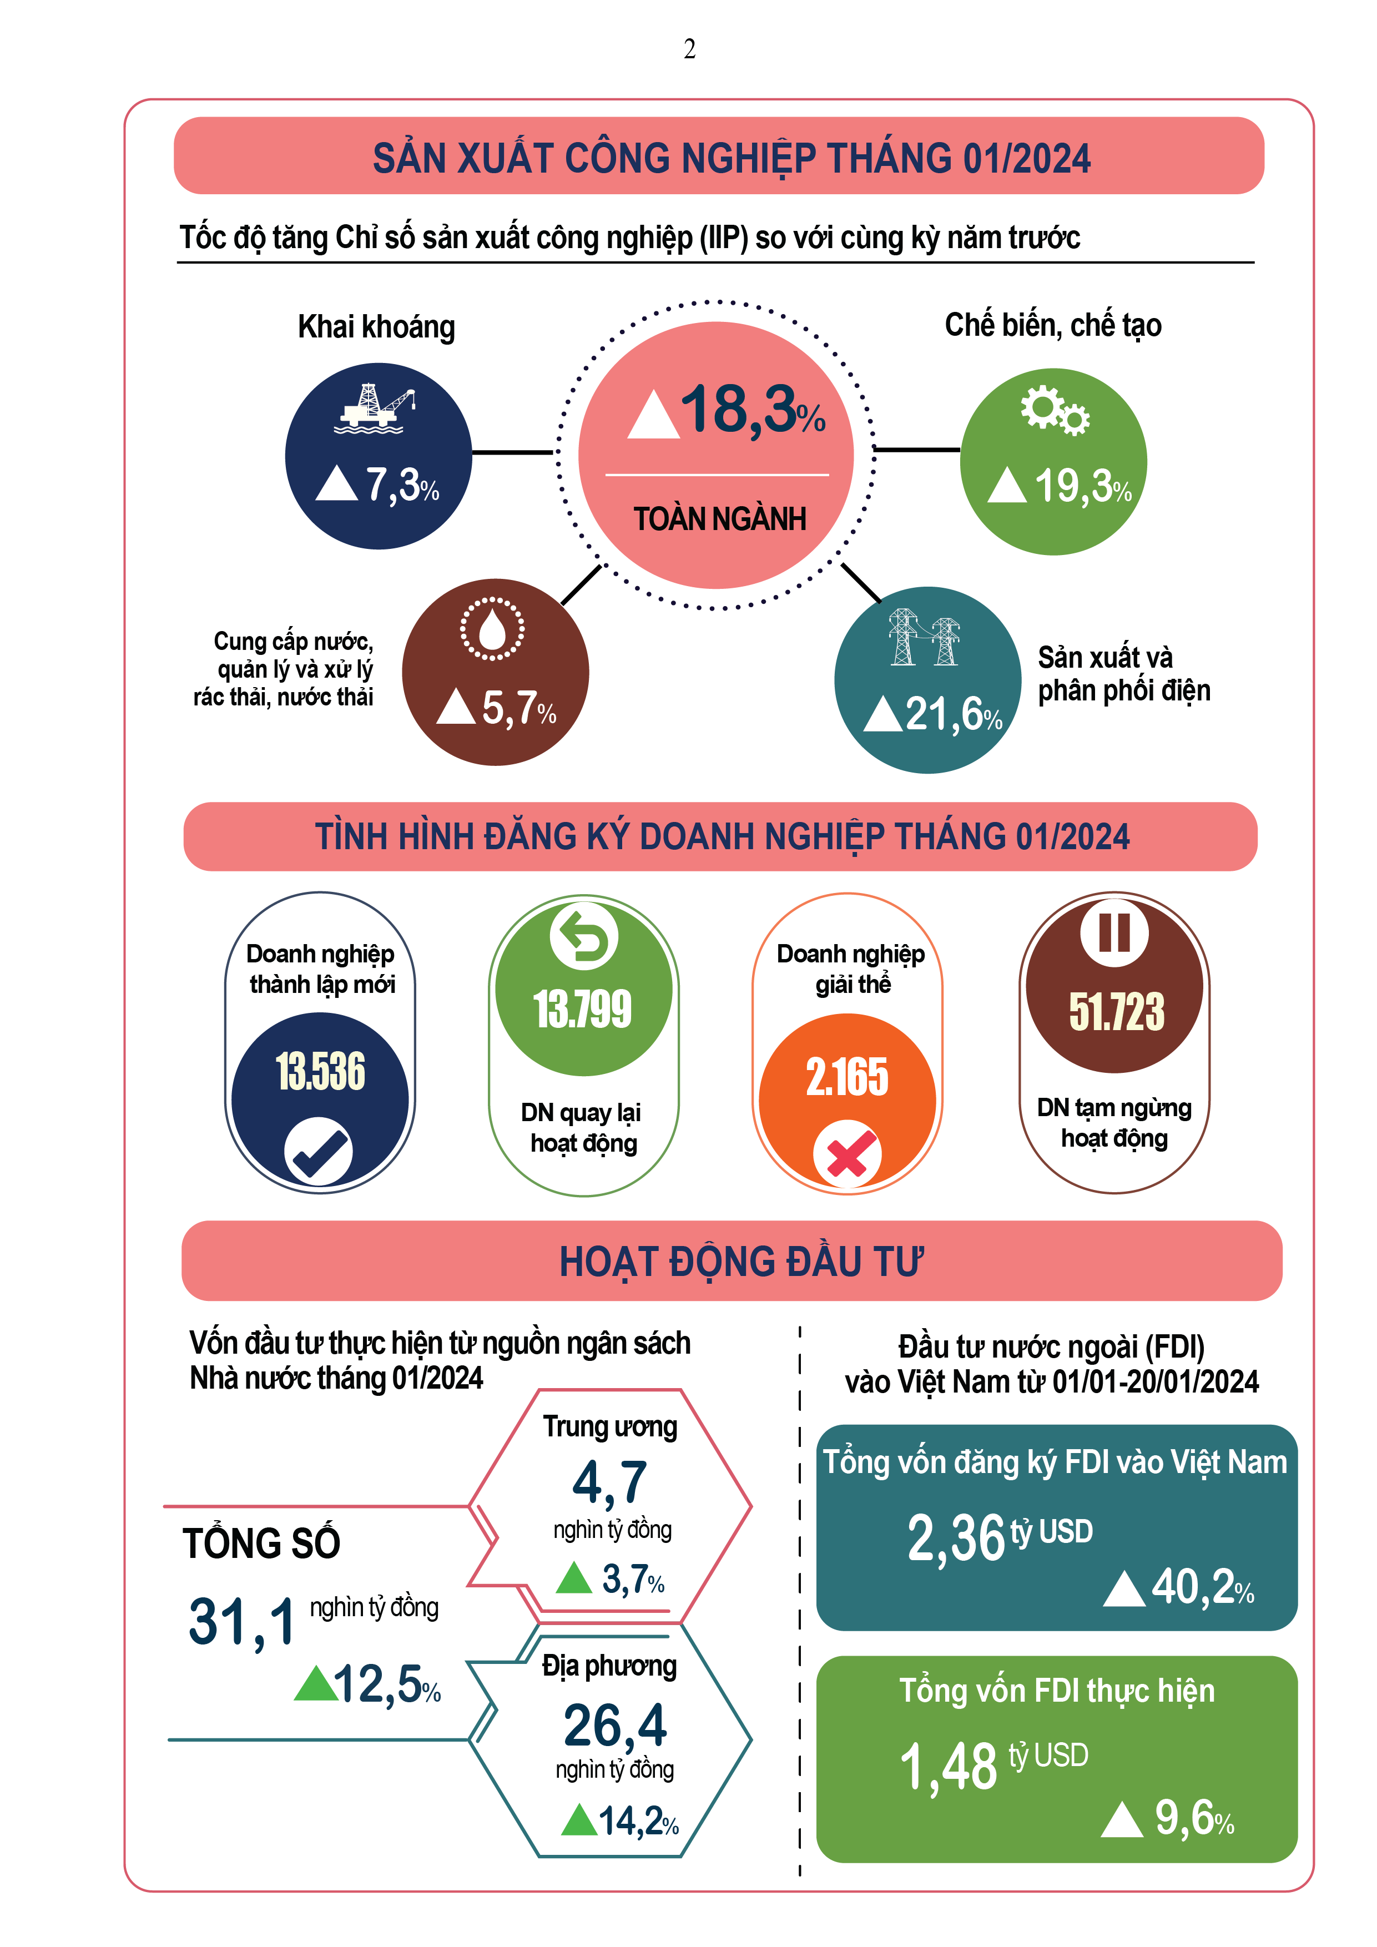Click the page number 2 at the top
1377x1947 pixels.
point(689,49)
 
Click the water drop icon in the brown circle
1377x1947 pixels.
point(492,628)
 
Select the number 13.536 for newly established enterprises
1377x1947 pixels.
point(320,1071)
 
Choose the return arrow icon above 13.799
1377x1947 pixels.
point(583,936)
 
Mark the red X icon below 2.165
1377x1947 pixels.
point(847,1154)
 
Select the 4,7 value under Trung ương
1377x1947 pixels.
point(609,1481)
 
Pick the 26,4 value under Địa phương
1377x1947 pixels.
point(615,1725)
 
